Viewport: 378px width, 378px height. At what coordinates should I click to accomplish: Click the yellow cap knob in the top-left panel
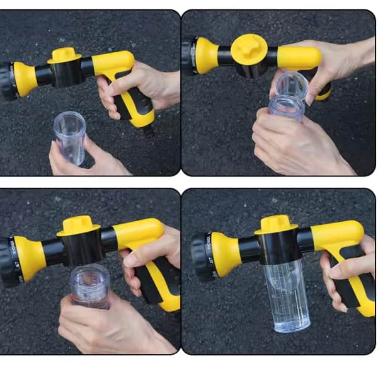pyautogui.click(x=65, y=55)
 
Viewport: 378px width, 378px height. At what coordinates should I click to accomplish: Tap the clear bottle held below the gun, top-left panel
pyautogui.click(x=69, y=137)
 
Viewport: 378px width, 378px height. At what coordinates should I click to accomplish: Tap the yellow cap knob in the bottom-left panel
pyautogui.click(x=79, y=225)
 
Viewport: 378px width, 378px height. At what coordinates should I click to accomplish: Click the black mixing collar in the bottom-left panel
pyautogui.click(x=81, y=249)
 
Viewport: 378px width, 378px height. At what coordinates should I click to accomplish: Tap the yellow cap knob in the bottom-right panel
pyautogui.click(x=275, y=223)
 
